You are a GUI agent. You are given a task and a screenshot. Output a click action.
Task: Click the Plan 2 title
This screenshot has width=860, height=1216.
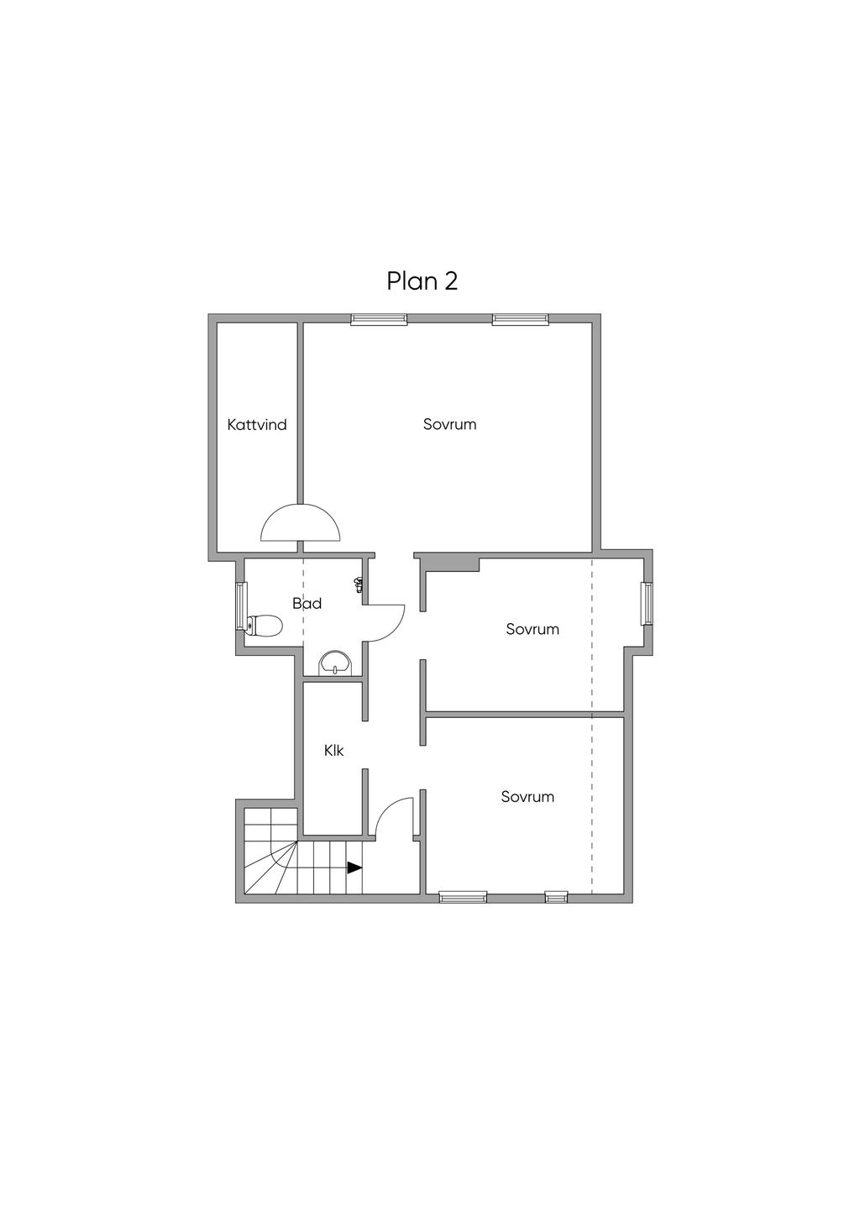(x=422, y=281)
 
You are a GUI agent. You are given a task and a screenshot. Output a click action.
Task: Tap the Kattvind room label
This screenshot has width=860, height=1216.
(x=257, y=425)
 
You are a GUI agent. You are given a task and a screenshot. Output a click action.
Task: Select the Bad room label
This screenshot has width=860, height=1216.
(x=307, y=603)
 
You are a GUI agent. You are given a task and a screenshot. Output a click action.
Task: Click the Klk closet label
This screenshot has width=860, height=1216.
(x=334, y=751)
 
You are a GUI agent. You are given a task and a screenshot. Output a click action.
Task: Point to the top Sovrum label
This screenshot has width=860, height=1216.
(x=449, y=424)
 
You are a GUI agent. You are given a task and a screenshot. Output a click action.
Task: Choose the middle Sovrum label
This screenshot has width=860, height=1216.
(x=532, y=629)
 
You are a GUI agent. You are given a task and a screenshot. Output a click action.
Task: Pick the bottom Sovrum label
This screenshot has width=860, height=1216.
(x=527, y=797)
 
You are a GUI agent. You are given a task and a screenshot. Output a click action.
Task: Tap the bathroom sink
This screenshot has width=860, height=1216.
(x=337, y=663)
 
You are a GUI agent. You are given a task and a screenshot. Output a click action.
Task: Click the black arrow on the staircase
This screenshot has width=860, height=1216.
(x=354, y=867)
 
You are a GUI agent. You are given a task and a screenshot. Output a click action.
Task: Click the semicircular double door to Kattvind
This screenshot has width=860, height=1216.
(x=301, y=522)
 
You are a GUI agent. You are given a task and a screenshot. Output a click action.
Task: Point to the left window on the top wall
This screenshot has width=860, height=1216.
(x=379, y=318)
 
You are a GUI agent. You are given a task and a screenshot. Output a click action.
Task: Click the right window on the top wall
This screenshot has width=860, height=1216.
(x=521, y=318)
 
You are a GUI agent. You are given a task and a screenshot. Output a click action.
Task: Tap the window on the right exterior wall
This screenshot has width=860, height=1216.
(x=648, y=603)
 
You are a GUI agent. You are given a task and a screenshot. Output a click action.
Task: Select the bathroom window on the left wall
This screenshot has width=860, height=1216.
(x=240, y=607)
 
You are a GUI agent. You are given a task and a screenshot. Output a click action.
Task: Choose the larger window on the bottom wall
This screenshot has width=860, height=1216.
(x=464, y=897)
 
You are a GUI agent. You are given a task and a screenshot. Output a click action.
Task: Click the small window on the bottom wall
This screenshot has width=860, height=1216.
(x=556, y=897)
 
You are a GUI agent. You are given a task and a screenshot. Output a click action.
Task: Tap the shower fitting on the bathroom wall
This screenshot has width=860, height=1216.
(x=359, y=584)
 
